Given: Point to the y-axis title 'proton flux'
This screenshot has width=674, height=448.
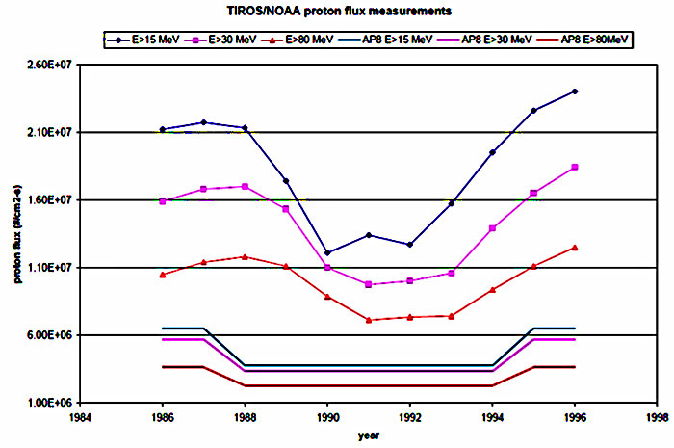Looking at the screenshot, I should tap(17, 233).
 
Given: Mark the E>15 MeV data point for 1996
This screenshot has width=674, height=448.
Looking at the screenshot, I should tap(575, 92).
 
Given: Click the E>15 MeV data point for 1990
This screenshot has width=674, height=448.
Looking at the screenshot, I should tap(327, 252).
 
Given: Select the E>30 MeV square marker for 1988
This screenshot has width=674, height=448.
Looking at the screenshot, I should tap(246, 186).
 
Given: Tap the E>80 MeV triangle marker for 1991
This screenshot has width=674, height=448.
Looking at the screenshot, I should tap(369, 320).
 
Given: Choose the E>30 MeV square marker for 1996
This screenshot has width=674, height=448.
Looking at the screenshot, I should tap(575, 168).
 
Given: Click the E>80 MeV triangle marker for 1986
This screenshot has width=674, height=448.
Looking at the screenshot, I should tap(163, 275).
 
